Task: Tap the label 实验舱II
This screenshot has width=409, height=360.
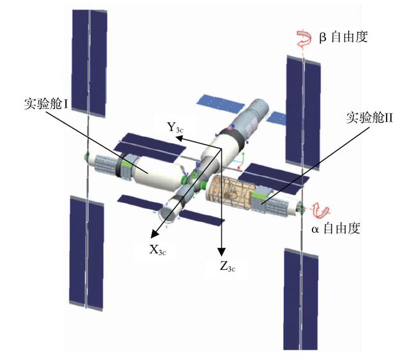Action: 372,118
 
